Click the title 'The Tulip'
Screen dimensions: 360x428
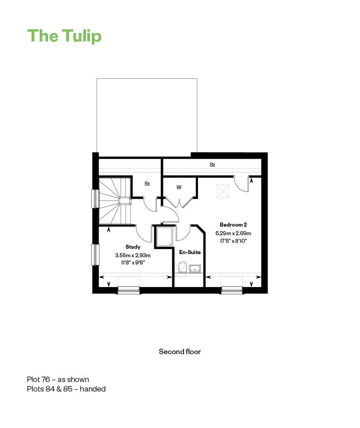64,36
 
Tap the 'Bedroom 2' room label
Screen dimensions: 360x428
233,225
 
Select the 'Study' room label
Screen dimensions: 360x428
133,247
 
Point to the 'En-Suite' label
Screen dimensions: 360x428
190,252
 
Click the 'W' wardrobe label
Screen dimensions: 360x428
179,187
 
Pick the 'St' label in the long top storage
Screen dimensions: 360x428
212,164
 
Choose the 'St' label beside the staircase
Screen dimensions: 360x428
147,184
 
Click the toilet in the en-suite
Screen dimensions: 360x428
182,267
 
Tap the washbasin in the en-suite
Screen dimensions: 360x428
195,269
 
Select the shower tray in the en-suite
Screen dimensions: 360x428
164,237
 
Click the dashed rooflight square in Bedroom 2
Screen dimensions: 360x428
223,191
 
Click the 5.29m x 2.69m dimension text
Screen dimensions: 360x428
233,233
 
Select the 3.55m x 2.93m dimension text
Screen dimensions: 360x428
133,255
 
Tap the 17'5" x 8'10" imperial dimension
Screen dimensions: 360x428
233,241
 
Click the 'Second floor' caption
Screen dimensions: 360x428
180,351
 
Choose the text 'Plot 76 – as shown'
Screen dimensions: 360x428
58,379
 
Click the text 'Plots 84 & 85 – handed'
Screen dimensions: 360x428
66,389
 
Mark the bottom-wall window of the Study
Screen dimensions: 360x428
129,291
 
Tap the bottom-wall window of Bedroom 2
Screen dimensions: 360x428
232,291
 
